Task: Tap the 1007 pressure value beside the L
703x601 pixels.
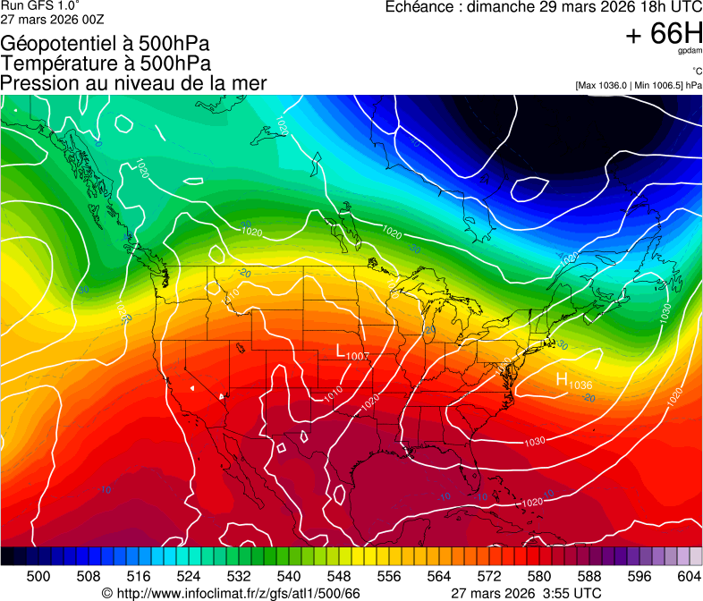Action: click(358, 357)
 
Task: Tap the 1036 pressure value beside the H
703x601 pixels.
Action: click(580, 385)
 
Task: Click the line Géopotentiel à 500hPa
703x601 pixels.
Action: click(106, 43)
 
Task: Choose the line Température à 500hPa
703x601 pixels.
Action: click(106, 63)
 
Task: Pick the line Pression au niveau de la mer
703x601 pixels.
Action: click(133, 83)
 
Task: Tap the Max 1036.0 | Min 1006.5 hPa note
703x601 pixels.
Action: click(639, 85)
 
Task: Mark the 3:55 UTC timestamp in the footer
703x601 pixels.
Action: click(563, 593)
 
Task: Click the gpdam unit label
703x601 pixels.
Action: click(690, 52)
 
